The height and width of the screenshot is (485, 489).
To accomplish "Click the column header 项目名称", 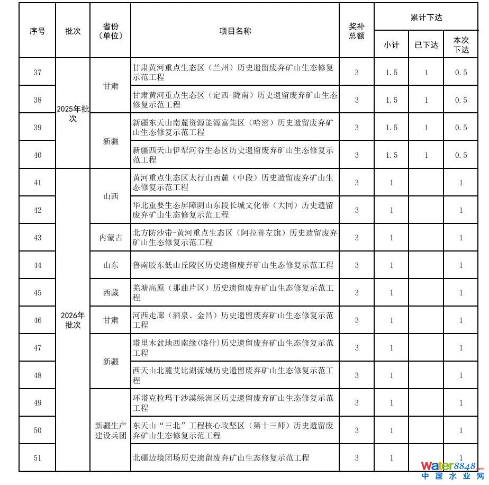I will click(x=235, y=31).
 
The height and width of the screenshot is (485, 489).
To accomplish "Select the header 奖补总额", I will click(x=357, y=31).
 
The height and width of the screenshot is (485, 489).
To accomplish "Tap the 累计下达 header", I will click(x=426, y=17).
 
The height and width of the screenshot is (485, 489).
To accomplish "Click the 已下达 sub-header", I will click(x=426, y=45).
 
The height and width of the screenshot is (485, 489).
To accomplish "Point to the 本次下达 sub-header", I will click(x=461, y=45).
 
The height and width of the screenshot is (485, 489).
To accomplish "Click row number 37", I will click(x=38, y=72).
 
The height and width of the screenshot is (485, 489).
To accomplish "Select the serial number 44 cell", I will click(x=38, y=265).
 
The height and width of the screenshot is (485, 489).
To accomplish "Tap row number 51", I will click(x=38, y=457).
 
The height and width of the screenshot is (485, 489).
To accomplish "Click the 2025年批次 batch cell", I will click(x=73, y=113).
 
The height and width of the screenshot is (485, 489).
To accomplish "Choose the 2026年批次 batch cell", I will click(x=73, y=320).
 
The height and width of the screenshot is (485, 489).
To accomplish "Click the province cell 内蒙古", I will click(x=111, y=238).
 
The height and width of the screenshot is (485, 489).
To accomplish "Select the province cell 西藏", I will click(x=111, y=293).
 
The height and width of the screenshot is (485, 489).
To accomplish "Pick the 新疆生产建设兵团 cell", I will click(x=111, y=430).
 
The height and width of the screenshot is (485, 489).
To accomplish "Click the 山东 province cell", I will click(x=111, y=265).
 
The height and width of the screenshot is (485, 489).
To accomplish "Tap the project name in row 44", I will click(x=233, y=265).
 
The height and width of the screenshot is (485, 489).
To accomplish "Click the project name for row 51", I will click(x=221, y=457).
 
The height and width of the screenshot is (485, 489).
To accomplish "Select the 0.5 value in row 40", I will click(x=461, y=155).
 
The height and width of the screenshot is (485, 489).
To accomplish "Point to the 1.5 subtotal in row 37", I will click(x=392, y=73).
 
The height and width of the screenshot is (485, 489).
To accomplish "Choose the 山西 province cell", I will click(x=111, y=196).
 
